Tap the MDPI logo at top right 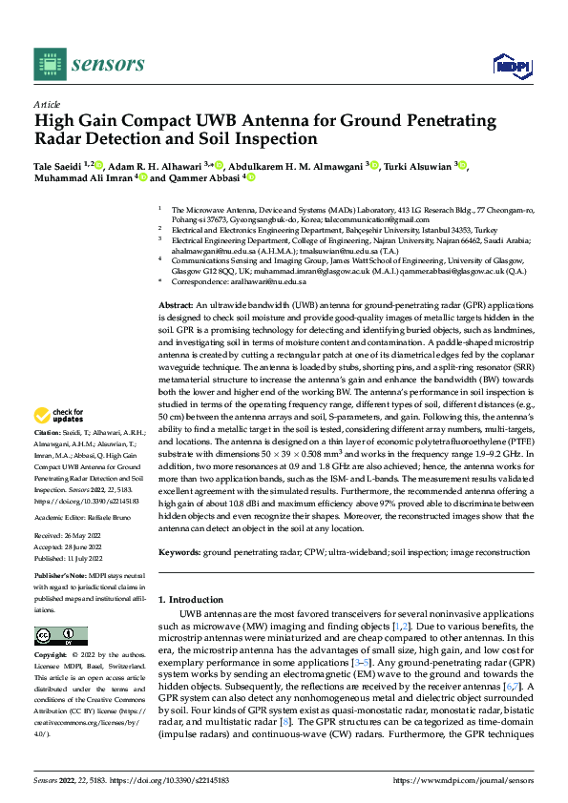click(x=511, y=64)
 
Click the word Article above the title click(x=47, y=104)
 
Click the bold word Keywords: click(x=179, y=552)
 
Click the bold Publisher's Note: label click(x=61, y=578)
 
